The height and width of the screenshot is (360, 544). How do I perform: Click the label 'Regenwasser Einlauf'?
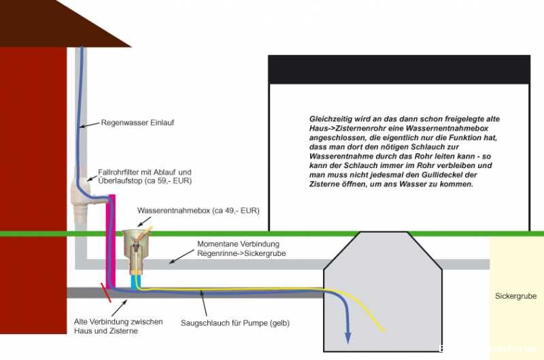[137, 123]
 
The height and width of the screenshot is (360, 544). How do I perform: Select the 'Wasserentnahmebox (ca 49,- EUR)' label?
[198, 210]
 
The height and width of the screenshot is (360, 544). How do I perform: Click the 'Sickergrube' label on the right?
[515, 296]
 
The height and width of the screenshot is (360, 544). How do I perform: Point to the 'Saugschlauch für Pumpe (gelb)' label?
[235, 323]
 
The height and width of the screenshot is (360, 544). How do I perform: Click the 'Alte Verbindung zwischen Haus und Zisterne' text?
[118, 326]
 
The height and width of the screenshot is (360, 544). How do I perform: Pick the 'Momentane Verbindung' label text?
[238, 244]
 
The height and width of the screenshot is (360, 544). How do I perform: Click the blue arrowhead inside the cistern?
[347, 337]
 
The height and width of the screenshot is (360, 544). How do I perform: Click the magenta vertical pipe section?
[112, 238]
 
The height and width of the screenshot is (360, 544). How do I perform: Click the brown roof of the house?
[61, 24]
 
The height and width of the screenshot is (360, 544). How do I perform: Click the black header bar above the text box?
[398, 68]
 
